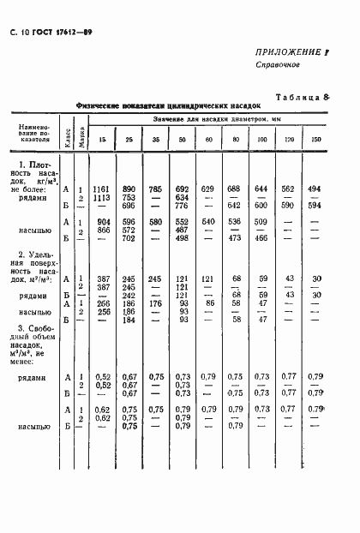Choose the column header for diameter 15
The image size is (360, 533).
tap(103, 140)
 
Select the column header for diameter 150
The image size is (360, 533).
tap(317, 140)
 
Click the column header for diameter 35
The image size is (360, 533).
tap(154, 140)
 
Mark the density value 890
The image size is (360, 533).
tap(129, 189)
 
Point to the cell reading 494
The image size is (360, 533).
tap(315, 189)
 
